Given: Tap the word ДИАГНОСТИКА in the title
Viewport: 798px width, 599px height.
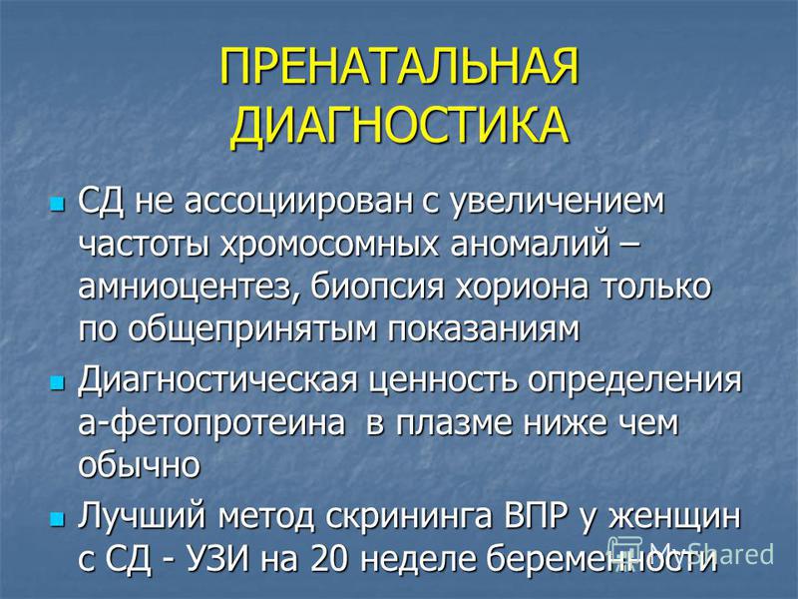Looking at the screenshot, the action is [x=400, y=126].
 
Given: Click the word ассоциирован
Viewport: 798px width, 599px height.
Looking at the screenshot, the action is [x=297, y=203].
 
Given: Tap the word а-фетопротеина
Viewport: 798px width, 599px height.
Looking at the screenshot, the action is [x=211, y=423].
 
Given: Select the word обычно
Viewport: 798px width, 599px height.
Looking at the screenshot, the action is [x=139, y=464].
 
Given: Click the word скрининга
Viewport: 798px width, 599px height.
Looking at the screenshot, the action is [x=409, y=517].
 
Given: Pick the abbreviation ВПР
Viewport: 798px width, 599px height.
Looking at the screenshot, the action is [x=537, y=516].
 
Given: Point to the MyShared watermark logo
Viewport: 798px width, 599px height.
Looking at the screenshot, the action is [x=691, y=553].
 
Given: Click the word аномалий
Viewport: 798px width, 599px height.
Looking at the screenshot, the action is [x=530, y=245].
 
